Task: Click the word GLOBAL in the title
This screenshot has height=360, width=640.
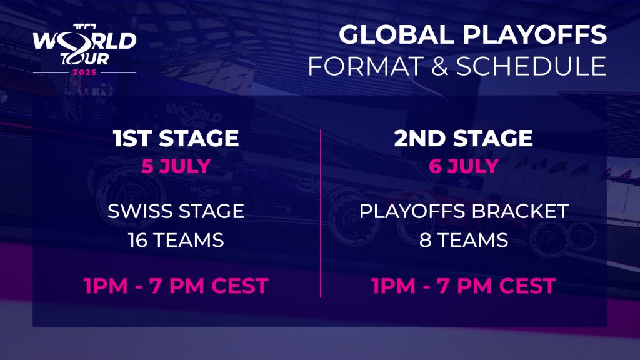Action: [x=396, y=34]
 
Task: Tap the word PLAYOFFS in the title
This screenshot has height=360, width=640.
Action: [x=535, y=34]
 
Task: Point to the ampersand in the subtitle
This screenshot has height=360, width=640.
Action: [x=439, y=66]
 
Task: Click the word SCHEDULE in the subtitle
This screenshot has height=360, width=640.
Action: [x=531, y=66]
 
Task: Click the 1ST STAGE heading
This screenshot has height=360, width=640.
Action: [x=176, y=138]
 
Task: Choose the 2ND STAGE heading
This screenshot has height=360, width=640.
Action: [x=464, y=138]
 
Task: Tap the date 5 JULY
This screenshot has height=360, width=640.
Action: [x=176, y=166]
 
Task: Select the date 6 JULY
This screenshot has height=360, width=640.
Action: [x=464, y=166]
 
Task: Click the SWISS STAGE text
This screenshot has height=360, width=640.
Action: [x=176, y=211]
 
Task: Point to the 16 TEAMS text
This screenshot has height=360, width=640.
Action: [x=176, y=240]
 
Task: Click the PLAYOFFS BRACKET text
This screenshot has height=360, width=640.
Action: [x=464, y=211]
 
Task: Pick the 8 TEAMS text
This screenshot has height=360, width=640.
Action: [x=464, y=240]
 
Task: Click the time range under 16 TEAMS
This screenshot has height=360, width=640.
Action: [x=176, y=286]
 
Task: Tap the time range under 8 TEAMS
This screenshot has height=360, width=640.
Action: [x=464, y=286]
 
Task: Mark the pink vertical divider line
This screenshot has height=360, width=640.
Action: [x=321, y=214]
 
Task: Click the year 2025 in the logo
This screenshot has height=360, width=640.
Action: [x=84, y=72]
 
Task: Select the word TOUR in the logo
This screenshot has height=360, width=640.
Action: [x=85, y=59]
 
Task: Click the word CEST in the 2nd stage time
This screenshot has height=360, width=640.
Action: [x=527, y=286]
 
